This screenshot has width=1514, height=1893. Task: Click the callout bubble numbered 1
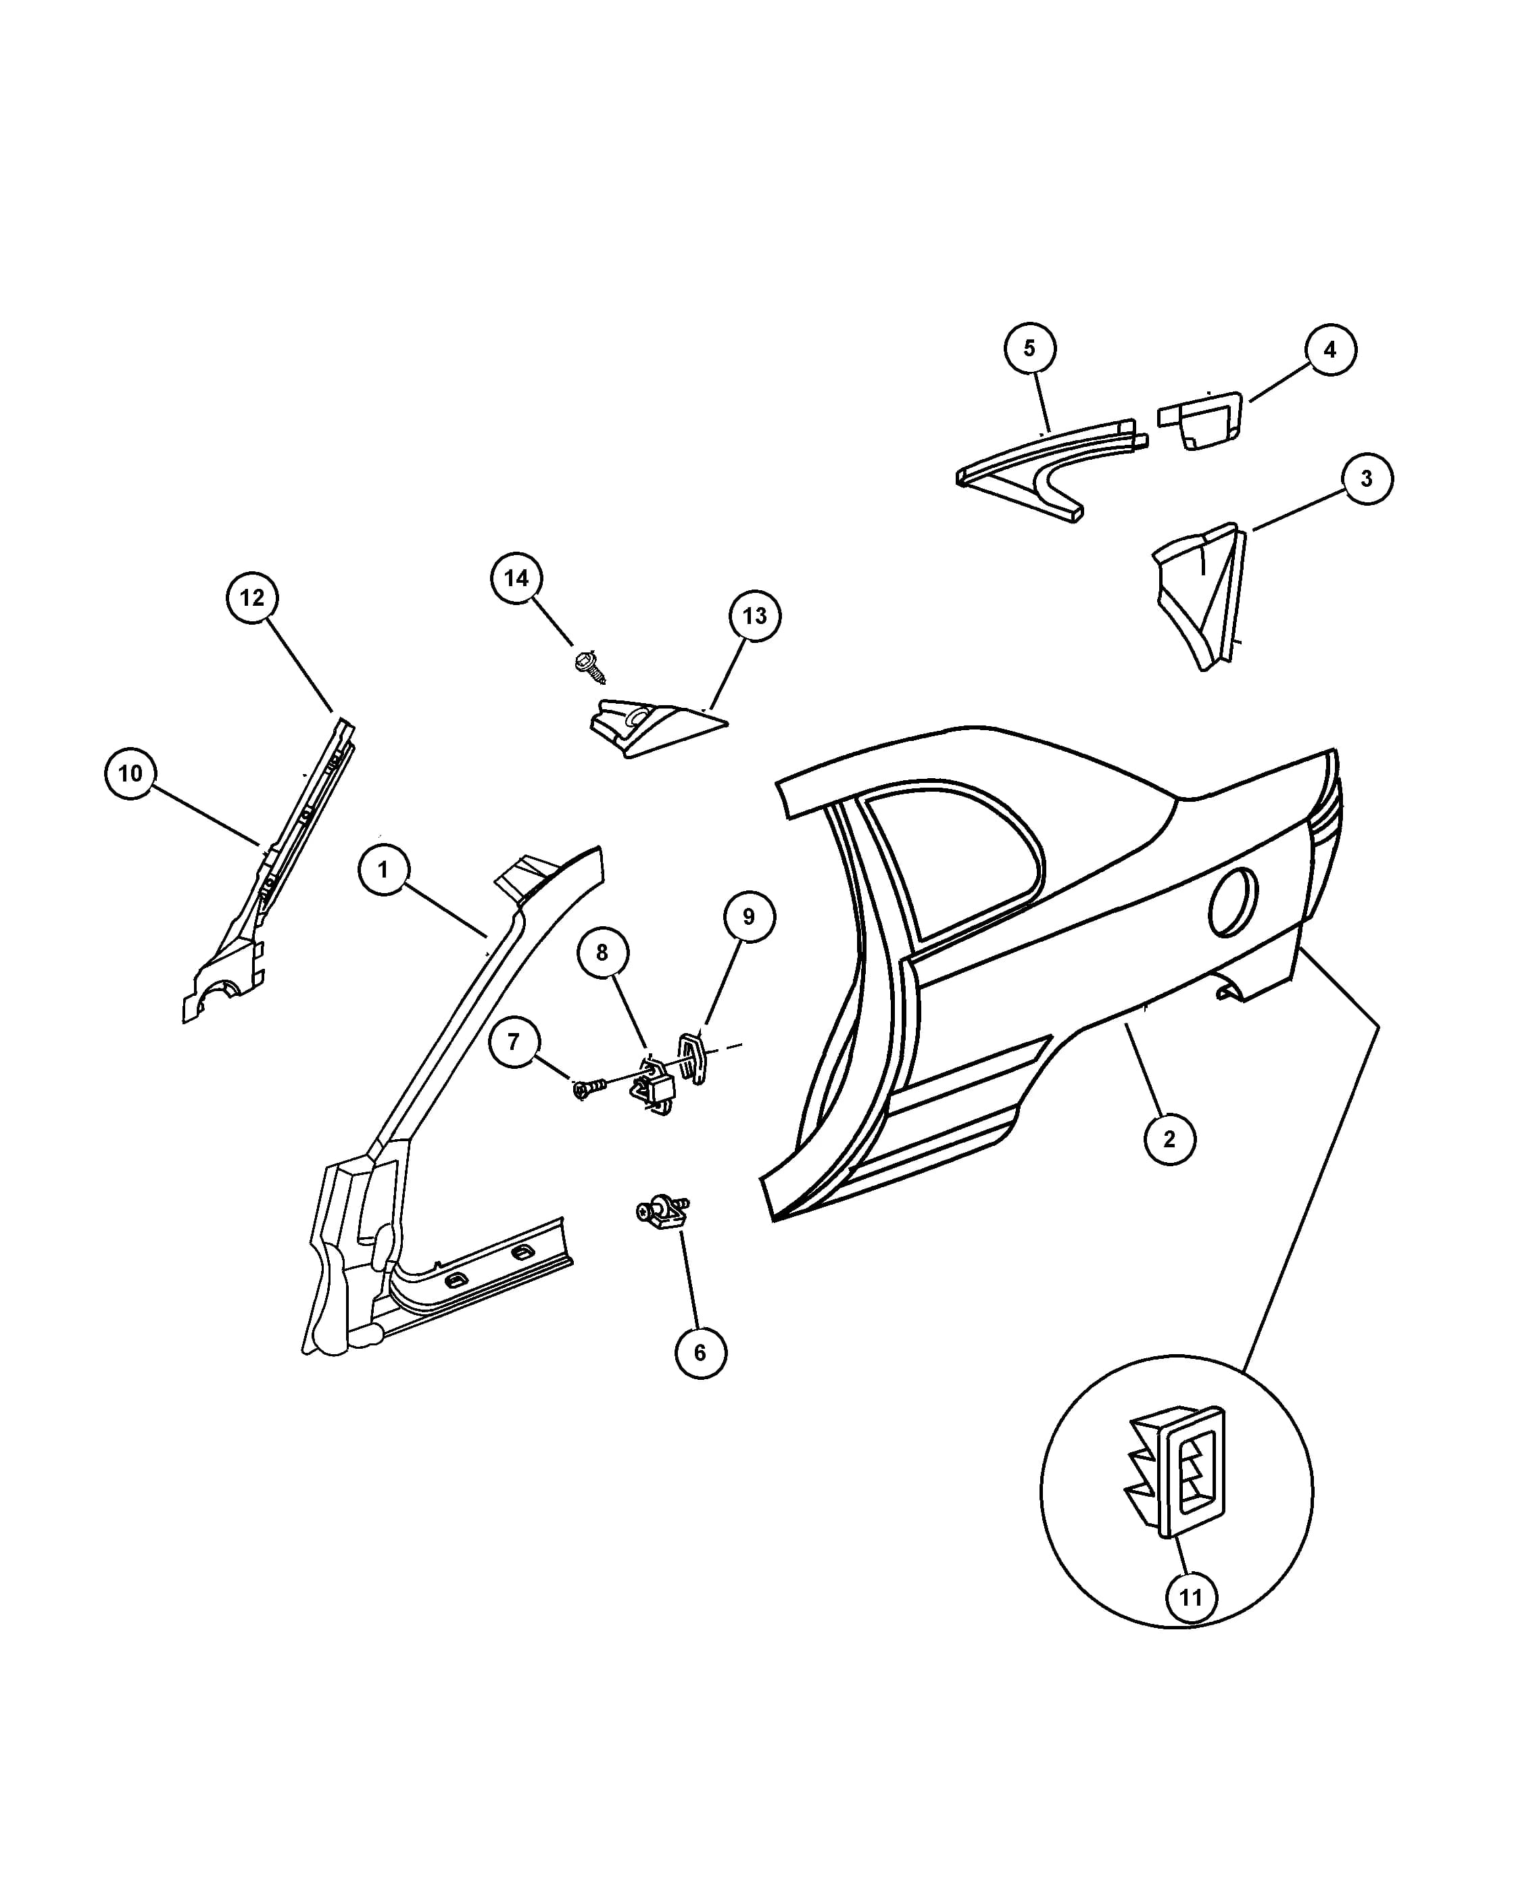(x=383, y=869)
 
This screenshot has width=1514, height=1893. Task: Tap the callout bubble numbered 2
(x=1169, y=1139)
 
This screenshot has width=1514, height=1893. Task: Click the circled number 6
(x=700, y=1352)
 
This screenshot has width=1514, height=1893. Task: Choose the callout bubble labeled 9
(x=749, y=917)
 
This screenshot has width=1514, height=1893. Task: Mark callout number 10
(x=130, y=773)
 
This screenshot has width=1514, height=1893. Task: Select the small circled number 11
(x=1190, y=1596)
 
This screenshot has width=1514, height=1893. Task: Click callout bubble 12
(x=252, y=597)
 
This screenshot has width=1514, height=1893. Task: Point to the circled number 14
(x=516, y=578)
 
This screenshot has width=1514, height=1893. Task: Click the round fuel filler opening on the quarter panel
(x=1232, y=902)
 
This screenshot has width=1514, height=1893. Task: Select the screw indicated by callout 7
(x=590, y=1088)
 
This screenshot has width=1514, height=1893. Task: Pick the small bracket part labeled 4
(x=1200, y=420)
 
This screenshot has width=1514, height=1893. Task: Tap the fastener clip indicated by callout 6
(x=664, y=1213)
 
